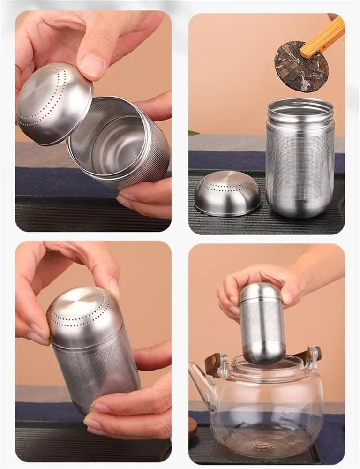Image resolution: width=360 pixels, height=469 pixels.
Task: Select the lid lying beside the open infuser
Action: (227, 193)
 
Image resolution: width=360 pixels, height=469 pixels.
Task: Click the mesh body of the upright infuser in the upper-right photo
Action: (300, 159)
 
